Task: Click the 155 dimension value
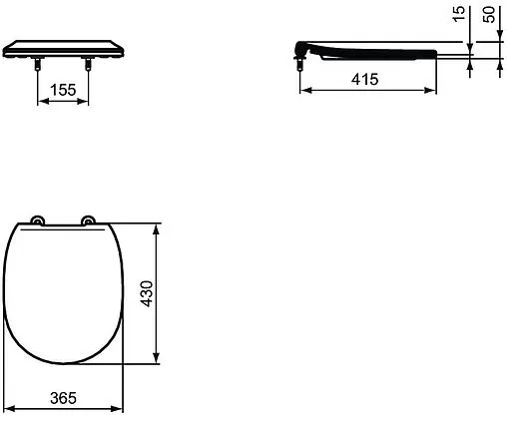pos(63,90)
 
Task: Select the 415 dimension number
pos(366,80)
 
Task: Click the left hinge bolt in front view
pos(39,65)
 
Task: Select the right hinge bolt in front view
pos(89,65)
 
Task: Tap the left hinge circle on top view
pos(38,221)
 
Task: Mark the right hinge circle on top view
pos(88,221)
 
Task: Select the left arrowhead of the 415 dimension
pos(304,91)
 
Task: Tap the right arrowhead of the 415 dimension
pos(433,91)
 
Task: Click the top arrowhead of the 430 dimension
pos(157,228)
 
